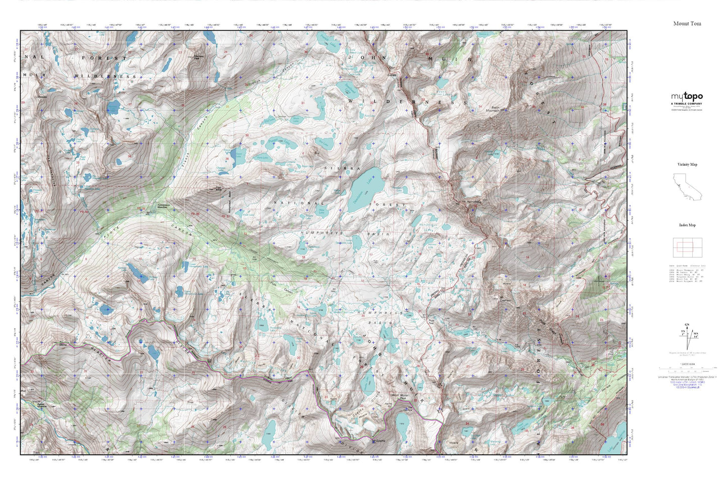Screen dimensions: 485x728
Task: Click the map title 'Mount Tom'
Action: pyautogui.click(x=687, y=24)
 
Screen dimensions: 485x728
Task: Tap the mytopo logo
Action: pyautogui.click(x=686, y=97)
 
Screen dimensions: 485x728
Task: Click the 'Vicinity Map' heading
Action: pyautogui.click(x=687, y=165)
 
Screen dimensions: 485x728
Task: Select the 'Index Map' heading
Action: pyautogui.click(x=687, y=225)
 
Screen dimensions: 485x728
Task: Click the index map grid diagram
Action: pyautogui.click(x=687, y=246)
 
